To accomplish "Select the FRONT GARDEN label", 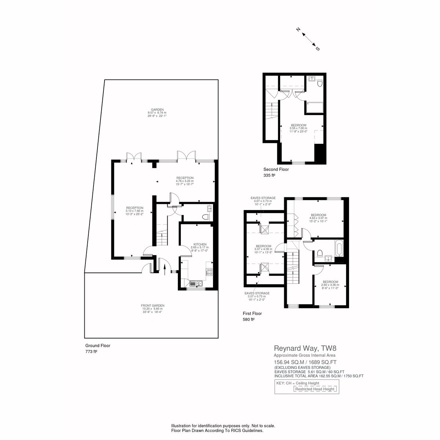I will pyautogui.click(x=153, y=308).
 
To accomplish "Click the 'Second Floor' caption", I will pyautogui.click(x=276, y=169).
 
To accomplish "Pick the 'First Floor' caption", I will pyautogui.click(x=252, y=313).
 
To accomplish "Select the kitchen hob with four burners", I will pyautogui.click(x=210, y=272).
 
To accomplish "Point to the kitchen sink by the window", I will pyautogui.click(x=194, y=283).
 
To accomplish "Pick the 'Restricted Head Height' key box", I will pyautogui.click(x=315, y=389).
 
